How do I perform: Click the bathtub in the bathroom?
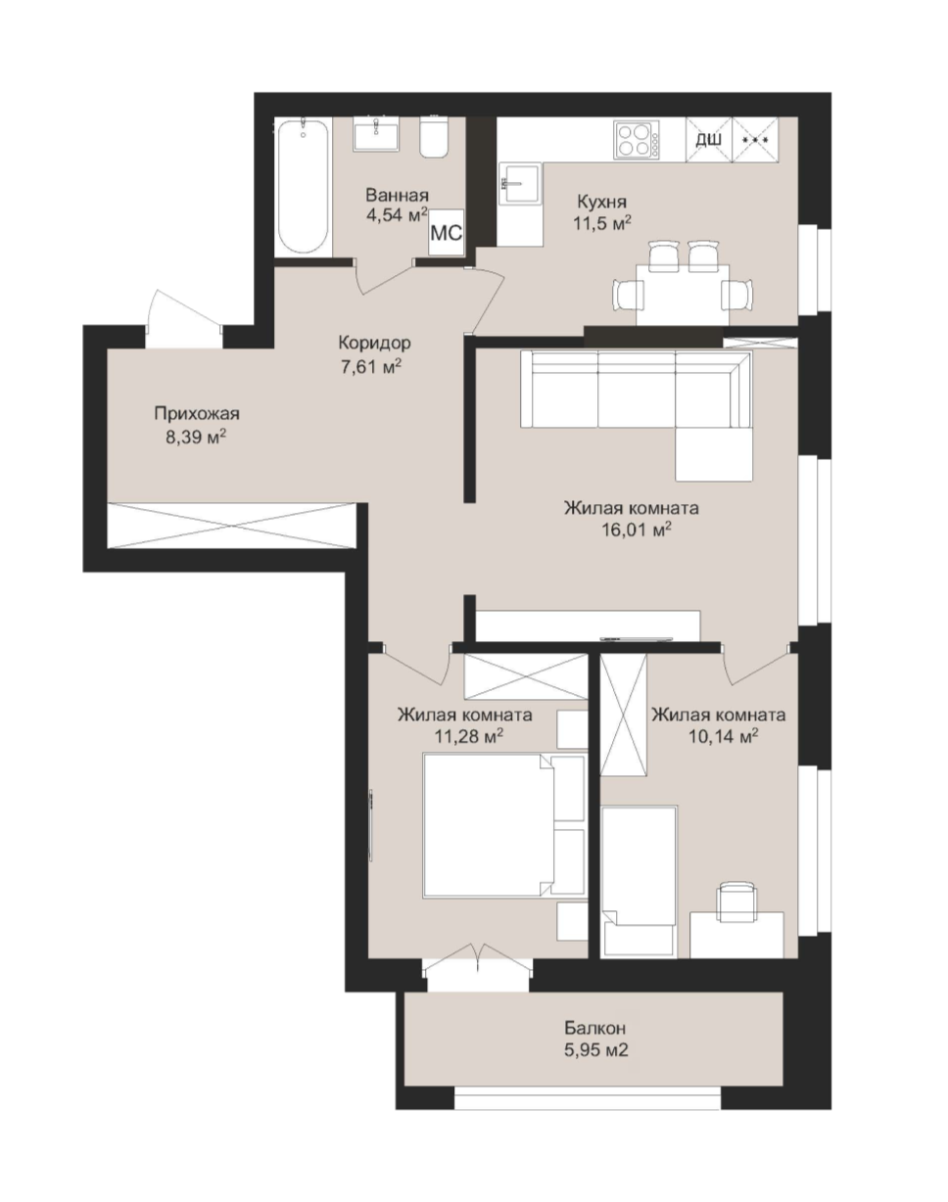coord(303,187)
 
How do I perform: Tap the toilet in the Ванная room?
coord(434,137)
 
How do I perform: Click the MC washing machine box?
coord(446,232)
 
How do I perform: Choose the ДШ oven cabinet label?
coord(708,139)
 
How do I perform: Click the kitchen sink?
coord(520,184)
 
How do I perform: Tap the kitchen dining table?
coord(683,294)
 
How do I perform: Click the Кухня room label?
coord(601,201)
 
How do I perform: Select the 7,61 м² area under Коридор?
coord(371,366)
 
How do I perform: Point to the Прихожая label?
coord(197,414)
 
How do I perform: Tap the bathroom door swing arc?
coord(386,278)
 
